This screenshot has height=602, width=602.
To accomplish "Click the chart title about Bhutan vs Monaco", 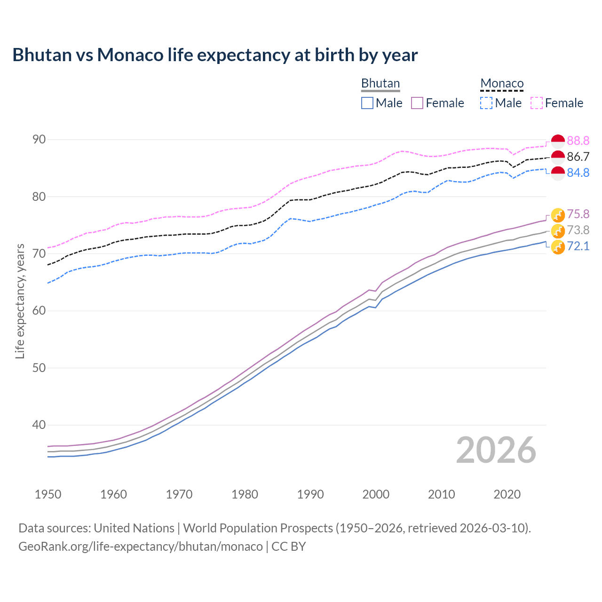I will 215,55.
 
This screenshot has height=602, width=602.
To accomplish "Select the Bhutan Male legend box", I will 367,103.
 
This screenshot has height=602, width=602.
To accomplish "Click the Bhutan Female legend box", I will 417,103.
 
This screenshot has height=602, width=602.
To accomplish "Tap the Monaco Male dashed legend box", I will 486,103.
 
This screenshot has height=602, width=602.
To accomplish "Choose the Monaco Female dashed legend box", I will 537,103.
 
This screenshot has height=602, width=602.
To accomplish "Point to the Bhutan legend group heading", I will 380,83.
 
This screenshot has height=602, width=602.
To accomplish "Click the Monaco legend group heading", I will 502,83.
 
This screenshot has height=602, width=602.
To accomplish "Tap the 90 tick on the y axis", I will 39,140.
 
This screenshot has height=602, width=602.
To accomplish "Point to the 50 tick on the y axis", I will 39,368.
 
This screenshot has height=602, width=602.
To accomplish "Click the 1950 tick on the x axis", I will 48,494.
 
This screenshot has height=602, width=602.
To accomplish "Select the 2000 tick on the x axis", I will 376,494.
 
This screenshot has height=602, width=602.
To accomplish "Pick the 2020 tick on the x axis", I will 507,494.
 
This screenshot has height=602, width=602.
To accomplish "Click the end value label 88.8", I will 578,141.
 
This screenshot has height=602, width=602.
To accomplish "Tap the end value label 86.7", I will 578,157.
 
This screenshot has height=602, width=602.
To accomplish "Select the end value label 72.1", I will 578,246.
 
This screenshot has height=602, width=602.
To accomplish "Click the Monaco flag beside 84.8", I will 558,173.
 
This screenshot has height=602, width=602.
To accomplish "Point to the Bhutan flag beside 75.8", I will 558,215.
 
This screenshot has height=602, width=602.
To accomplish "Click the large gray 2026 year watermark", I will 496,450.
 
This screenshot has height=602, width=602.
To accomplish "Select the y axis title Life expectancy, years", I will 20,301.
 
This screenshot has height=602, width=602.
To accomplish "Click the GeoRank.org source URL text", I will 141,547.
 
